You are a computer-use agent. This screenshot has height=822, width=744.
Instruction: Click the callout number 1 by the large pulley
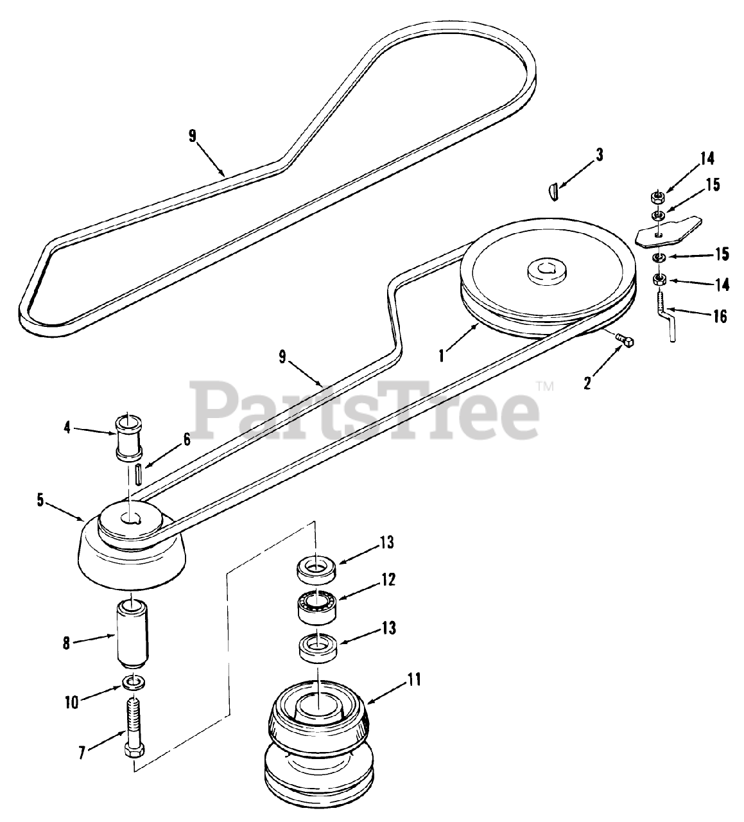pos(442,354)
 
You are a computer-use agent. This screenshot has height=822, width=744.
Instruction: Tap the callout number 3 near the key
pos(599,155)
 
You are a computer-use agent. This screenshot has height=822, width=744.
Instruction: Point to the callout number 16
pos(720,316)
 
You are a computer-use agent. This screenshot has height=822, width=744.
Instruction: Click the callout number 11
pos(414,679)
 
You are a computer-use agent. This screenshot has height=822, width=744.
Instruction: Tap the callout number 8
pos(65,643)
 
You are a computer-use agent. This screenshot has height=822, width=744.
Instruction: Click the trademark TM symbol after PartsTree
pos(544,387)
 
